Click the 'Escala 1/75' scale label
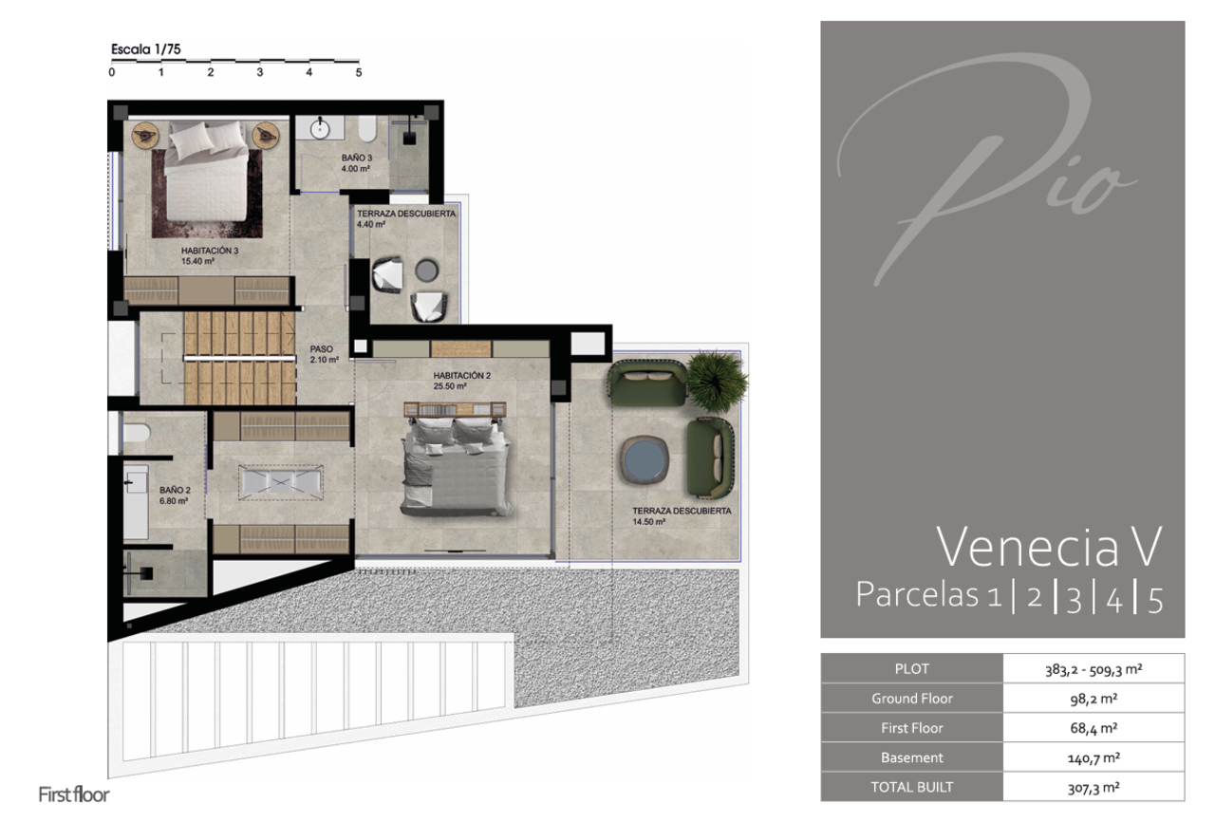(x=146, y=49)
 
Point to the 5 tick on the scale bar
(x=359, y=72)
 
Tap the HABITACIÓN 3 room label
(x=210, y=251)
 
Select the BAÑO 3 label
(x=357, y=158)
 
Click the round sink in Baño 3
(x=320, y=129)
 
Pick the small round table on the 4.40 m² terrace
(x=427, y=271)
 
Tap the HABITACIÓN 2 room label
(x=461, y=375)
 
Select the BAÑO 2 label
(x=175, y=490)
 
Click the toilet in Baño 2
(x=136, y=433)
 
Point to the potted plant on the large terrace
(x=717, y=380)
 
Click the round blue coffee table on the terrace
(x=645, y=459)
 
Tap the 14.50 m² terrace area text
(x=648, y=522)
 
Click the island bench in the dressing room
(x=281, y=481)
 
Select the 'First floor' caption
(x=74, y=794)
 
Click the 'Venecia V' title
(x=1049, y=547)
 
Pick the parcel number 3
(x=1075, y=599)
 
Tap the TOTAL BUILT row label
(x=912, y=787)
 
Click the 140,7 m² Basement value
(x=1093, y=757)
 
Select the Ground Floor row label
(x=912, y=699)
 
